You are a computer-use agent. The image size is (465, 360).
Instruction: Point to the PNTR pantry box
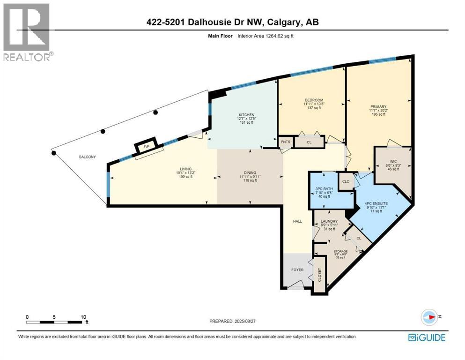coord(285,141)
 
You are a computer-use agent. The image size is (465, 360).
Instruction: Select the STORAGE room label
coord(340,252)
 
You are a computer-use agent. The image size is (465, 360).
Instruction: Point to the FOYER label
coord(297,270)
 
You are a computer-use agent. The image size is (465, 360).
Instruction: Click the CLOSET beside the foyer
coord(320,274)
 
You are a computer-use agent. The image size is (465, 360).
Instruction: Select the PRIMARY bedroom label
coord(377,106)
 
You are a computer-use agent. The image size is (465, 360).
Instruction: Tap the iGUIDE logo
coord(426,337)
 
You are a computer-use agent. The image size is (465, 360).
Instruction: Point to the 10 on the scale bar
coord(82,317)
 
